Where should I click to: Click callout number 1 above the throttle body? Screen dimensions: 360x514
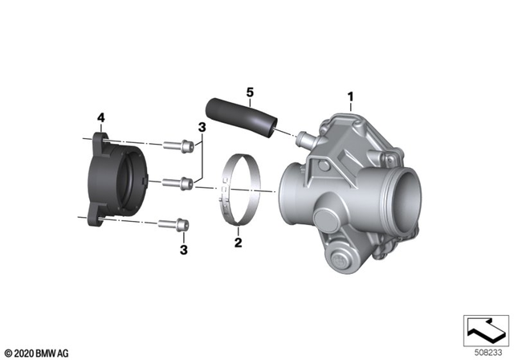point(349,97)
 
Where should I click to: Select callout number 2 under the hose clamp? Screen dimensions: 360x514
point(238,241)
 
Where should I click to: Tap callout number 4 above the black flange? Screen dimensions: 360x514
point(100,118)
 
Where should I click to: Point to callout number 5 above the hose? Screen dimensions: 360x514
point(251,92)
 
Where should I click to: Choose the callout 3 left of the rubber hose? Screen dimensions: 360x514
point(202,128)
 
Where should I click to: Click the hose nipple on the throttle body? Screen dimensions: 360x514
point(304,138)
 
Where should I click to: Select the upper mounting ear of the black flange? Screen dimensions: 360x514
point(100,140)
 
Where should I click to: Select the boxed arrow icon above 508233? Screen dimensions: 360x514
point(485,327)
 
